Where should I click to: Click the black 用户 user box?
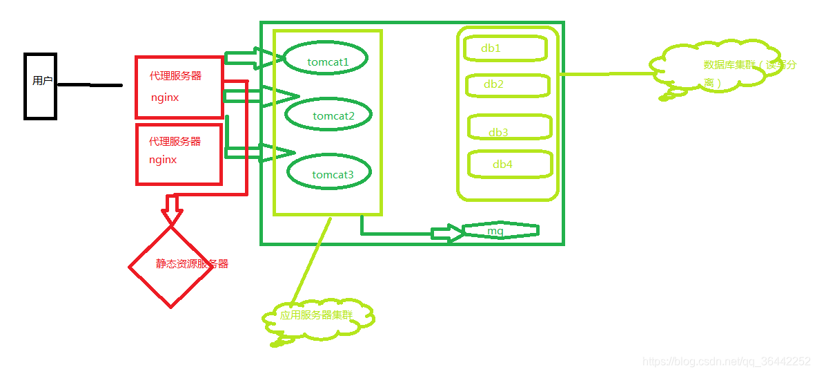(40, 86)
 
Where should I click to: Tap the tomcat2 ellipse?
(328, 115)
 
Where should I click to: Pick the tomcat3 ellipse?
(329, 174)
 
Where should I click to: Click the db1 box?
(505, 48)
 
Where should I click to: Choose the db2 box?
(508, 85)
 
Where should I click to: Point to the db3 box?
(510, 128)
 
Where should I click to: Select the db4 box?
(511, 164)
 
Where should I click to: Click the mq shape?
(500, 231)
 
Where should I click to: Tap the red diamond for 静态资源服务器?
(171, 266)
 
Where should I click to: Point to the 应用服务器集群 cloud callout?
(318, 317)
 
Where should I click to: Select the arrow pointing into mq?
(447, 234)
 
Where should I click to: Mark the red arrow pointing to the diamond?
(171, 207)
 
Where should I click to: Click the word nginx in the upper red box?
(165, 98)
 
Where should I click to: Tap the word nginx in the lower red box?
(163, 160)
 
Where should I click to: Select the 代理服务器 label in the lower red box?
(175, 142)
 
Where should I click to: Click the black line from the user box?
(90, 85)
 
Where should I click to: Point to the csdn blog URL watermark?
(727, 362)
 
